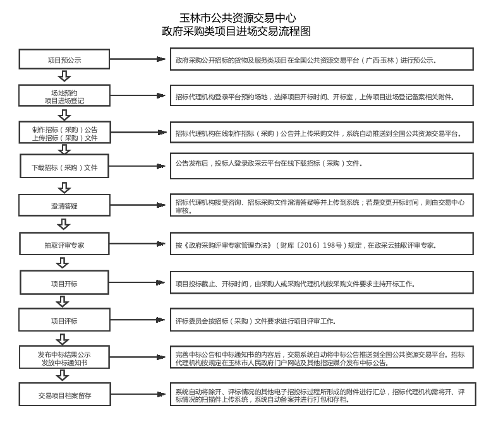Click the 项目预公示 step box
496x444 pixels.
64,60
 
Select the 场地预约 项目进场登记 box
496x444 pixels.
64,96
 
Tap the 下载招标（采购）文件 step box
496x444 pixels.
64,168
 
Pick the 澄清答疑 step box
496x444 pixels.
64,205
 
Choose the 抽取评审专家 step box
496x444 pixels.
64,245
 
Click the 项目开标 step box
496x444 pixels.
64,284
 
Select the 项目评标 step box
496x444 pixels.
64,321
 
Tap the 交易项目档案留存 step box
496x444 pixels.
64,395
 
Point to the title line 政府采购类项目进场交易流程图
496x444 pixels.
236,32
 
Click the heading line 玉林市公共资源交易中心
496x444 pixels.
238,18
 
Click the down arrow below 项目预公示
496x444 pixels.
64,76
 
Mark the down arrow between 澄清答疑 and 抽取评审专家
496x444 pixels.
64,224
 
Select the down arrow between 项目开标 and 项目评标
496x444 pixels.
64,301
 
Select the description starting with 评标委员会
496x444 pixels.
256,321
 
